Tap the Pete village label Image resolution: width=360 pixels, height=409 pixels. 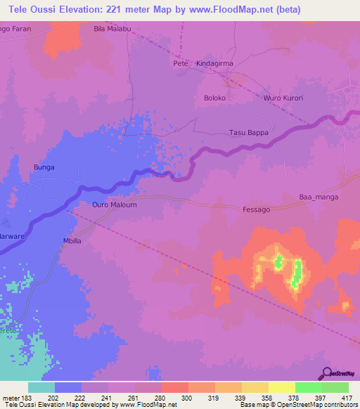click(x=180, y=63)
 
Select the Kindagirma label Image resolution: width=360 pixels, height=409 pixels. click(x=214, y=63)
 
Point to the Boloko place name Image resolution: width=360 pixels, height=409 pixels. click(x=214, y=98)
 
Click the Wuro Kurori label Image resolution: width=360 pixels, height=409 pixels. click(x=283, y=98)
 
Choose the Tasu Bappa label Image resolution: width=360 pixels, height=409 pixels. click(x=250, y=132)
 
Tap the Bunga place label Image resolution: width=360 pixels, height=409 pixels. click(x=44, y=167)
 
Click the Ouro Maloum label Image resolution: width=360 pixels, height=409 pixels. click(x=114, y=204)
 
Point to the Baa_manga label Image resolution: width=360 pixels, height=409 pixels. click(x=319, y=197)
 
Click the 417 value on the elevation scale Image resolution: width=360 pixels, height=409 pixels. click(x=348, y=398)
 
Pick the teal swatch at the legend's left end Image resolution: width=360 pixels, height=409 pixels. click(x=41, y=387)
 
